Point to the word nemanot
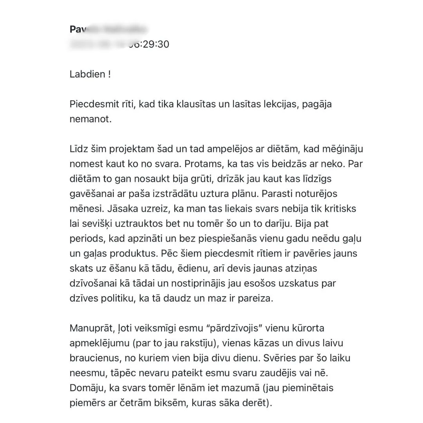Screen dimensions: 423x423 90,119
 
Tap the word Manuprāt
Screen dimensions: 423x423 89,328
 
